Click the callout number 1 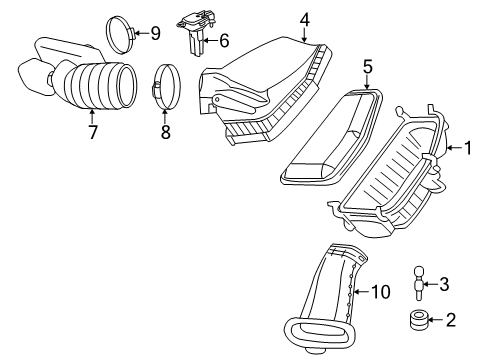467,149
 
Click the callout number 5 367,67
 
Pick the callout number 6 223,41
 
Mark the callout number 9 154,33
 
